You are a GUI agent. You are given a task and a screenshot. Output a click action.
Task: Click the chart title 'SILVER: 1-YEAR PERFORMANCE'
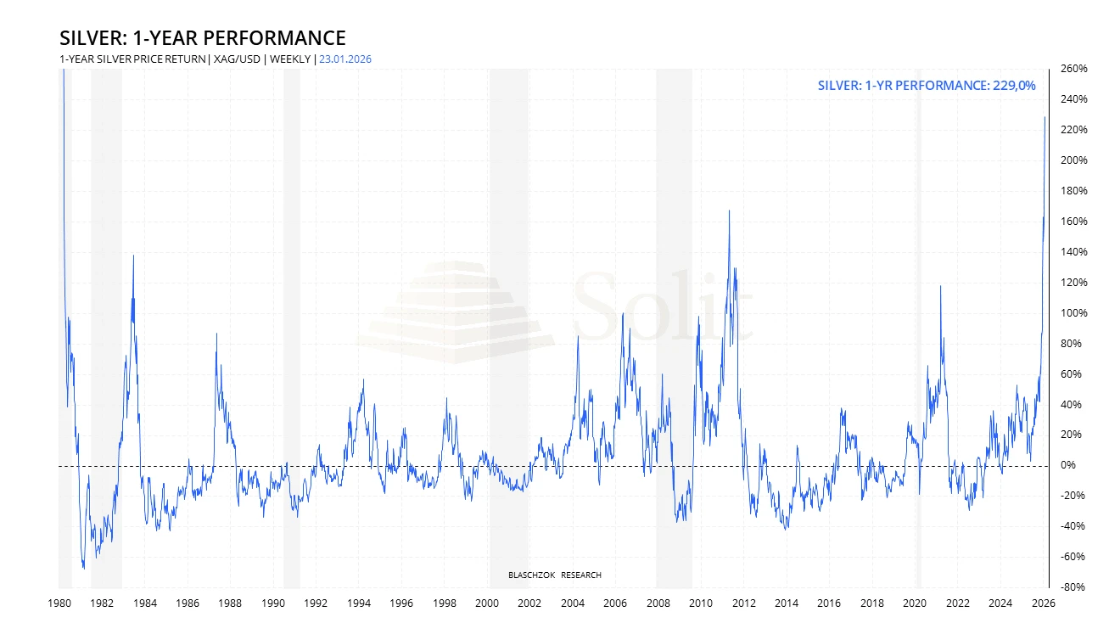pyautogui.click(x=203, y=38)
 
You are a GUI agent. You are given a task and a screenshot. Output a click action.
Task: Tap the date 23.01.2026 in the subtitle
pyautogui.click(x=345, y=59)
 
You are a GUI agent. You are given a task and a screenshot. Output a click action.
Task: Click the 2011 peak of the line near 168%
pyautogui.click(x=729, y=210)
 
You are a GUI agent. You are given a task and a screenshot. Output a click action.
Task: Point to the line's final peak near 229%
pyautogui.click(x=1045, y=117)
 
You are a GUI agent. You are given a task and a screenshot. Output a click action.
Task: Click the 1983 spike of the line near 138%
pyautogui.click(x=133, y=255)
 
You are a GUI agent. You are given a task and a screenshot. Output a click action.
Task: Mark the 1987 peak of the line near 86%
pyautogui.click(x=216, y=334)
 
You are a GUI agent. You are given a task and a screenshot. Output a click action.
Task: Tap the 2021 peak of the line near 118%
pyautogui.click(x=940, y=286)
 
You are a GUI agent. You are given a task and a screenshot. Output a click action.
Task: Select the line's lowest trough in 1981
pyautogui.click(x=83, y=568)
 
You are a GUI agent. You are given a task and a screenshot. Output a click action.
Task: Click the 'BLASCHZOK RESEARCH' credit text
pyautogui.click(x=554, y=575)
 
